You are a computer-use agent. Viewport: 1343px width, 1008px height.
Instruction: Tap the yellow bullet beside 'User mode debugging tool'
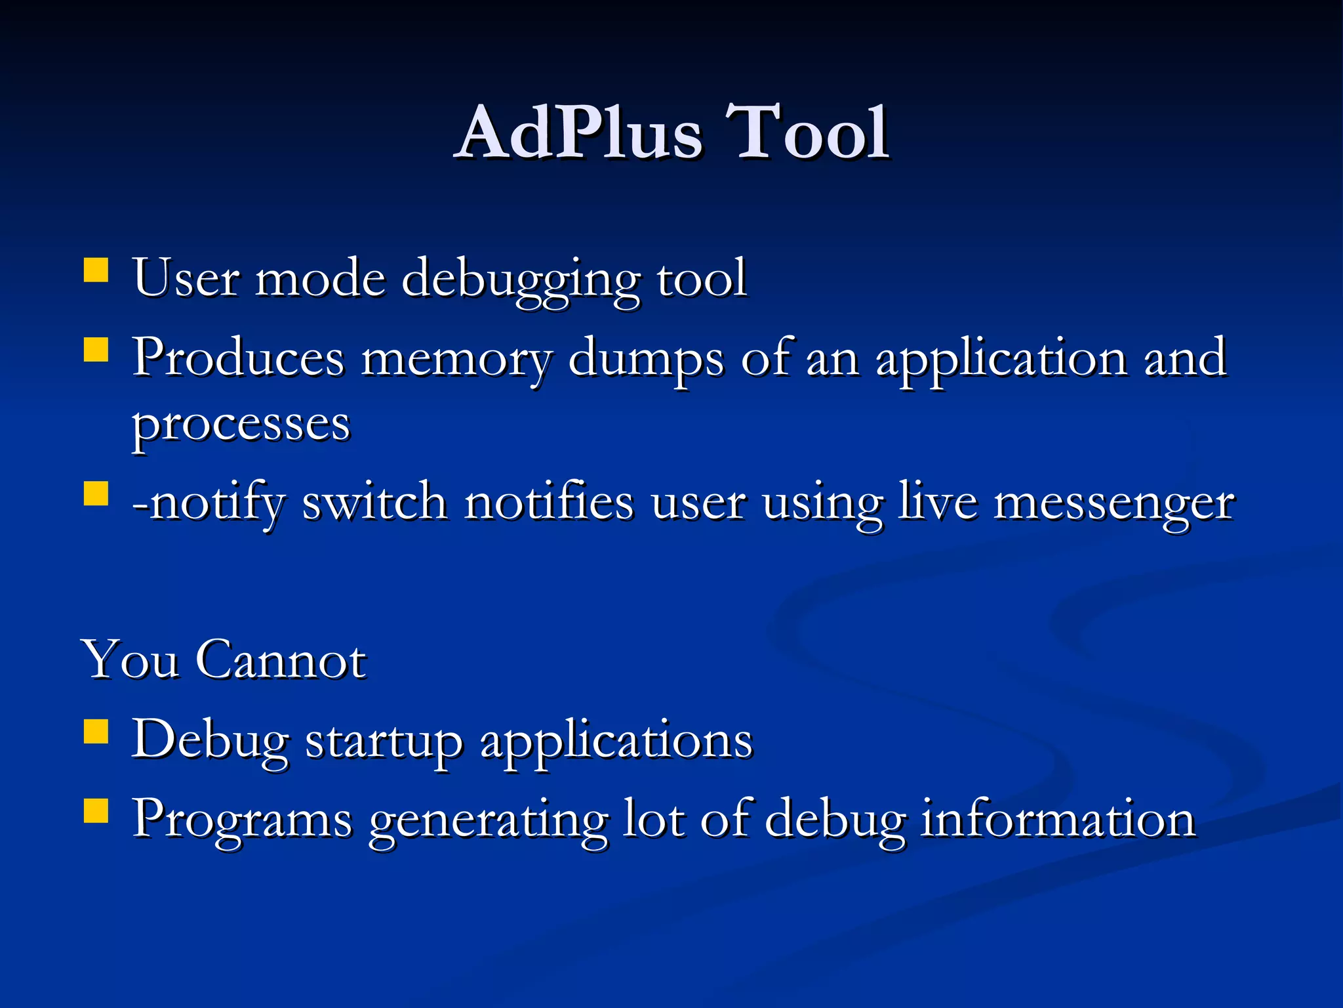pos(96,270)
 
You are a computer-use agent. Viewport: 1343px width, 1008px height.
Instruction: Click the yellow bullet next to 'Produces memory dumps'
pos(96,350)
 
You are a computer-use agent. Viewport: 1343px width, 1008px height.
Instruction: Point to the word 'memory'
pos(456,360)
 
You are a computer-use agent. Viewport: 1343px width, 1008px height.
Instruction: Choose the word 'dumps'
pos(646,360)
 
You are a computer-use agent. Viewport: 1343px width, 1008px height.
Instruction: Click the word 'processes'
pos(241,425)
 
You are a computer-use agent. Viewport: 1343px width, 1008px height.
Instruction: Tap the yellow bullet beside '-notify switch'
pos(96,493)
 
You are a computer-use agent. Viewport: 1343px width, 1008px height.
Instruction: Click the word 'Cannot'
pos(281,659)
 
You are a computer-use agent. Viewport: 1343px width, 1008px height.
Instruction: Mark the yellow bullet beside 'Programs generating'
pos(96,810)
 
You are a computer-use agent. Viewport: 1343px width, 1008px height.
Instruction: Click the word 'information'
pos(1057,819)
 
